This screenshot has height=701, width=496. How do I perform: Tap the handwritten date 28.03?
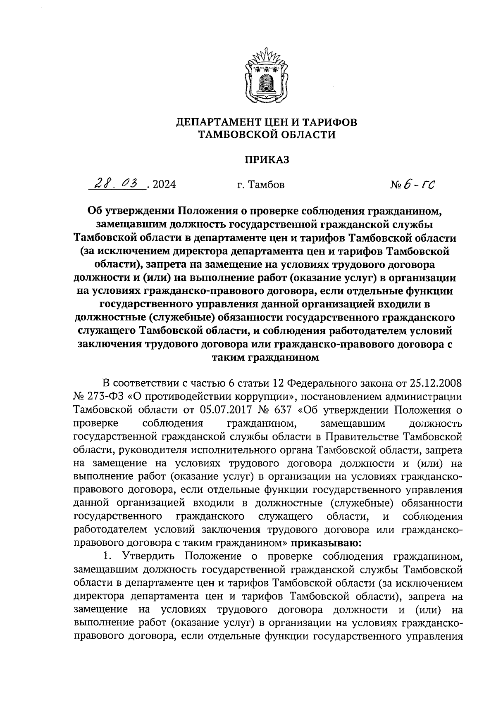[x=117, y=183]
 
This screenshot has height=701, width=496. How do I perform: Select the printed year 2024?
[x=164, y=185]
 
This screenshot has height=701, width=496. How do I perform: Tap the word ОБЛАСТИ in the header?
[x=308, y=134]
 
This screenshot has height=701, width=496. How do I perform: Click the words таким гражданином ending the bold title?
[x=265, y=358]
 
